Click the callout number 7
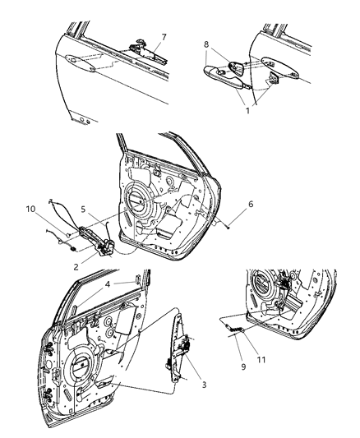164,36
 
